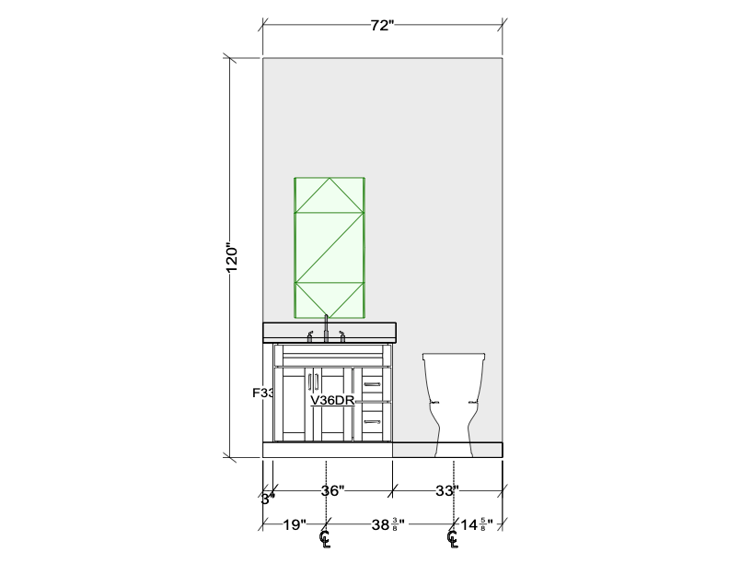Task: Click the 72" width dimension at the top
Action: click(382, 25)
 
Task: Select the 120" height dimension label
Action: click(231, 257)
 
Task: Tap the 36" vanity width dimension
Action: click(333, 490)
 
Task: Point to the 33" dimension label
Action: click(447, 490)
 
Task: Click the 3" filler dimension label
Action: click(268, 499)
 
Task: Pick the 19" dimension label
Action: click(295, 525)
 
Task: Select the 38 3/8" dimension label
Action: click(388, 525)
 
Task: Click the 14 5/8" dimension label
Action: click(477, 525)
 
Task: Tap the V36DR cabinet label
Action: click(333, 400)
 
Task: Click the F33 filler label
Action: click(263, 394)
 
